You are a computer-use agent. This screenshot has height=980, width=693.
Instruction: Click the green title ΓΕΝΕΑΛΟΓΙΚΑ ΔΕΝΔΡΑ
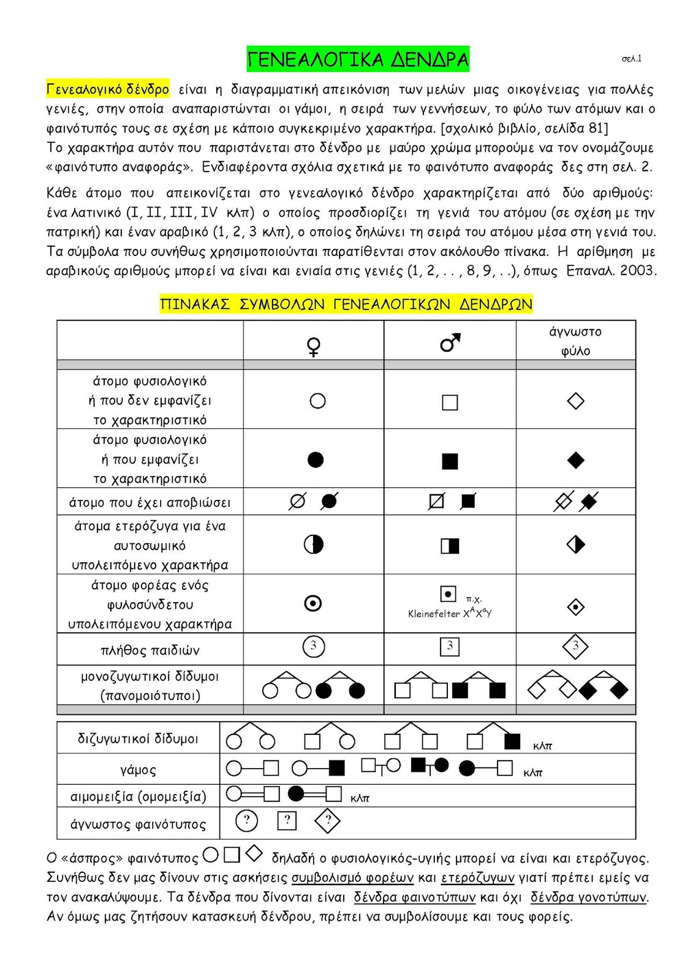pos(358,59)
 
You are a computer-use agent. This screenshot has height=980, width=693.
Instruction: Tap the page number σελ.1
pos(631,59)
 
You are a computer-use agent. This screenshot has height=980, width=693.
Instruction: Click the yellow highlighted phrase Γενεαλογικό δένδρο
pos(108,89)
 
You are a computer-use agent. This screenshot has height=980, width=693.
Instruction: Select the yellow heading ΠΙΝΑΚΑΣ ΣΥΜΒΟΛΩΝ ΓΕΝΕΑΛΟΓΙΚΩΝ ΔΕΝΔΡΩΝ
pos(346,304)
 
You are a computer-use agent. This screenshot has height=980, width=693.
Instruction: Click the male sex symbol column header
pos(450,343)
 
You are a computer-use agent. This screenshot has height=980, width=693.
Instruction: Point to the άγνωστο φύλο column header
pos(575,341)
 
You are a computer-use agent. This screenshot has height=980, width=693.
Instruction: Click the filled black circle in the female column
pos(316,460)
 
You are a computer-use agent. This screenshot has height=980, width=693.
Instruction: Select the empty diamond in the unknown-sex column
pos(575,401)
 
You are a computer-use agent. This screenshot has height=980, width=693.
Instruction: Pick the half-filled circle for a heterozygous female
pos(314,545)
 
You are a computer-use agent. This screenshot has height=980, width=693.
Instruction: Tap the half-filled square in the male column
pos(450,546)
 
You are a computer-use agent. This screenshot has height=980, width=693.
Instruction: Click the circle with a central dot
pos(314,604)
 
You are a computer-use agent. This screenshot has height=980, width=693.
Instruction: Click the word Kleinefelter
pos(434,614)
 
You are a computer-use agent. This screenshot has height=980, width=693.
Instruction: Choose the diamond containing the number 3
pos(575,646)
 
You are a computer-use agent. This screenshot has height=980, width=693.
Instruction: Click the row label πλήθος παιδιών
pos(150,650)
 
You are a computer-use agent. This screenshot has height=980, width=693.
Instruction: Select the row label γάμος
pos(138,770)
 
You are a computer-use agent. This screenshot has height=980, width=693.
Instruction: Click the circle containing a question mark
pos(247,820)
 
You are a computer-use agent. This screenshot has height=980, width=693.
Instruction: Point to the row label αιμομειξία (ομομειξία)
pos(138,796)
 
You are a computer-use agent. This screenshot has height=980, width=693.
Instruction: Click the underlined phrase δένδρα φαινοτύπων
pos(415,897)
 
